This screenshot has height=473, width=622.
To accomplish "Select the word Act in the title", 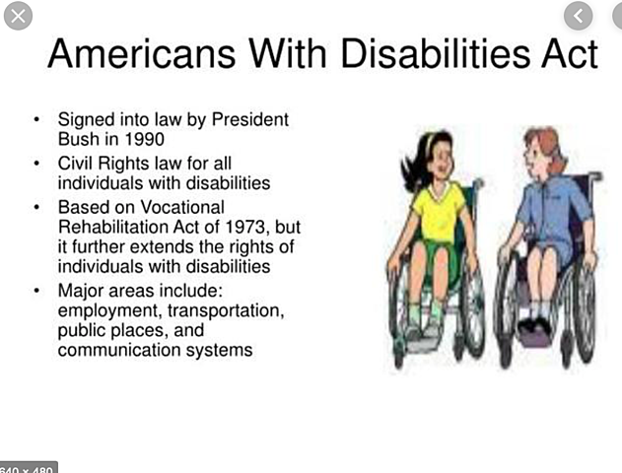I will (563, 53).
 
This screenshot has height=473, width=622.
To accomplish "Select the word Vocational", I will (179, 207).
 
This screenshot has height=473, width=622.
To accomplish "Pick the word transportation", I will (227, 310).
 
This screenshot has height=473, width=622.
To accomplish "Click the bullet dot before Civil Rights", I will (36, 164).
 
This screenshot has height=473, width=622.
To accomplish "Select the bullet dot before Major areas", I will (36, 292).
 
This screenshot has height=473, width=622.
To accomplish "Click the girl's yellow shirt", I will (438, 211).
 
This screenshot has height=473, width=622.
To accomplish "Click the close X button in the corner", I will (18, 15).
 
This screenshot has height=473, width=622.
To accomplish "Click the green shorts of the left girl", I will (434, 257).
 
